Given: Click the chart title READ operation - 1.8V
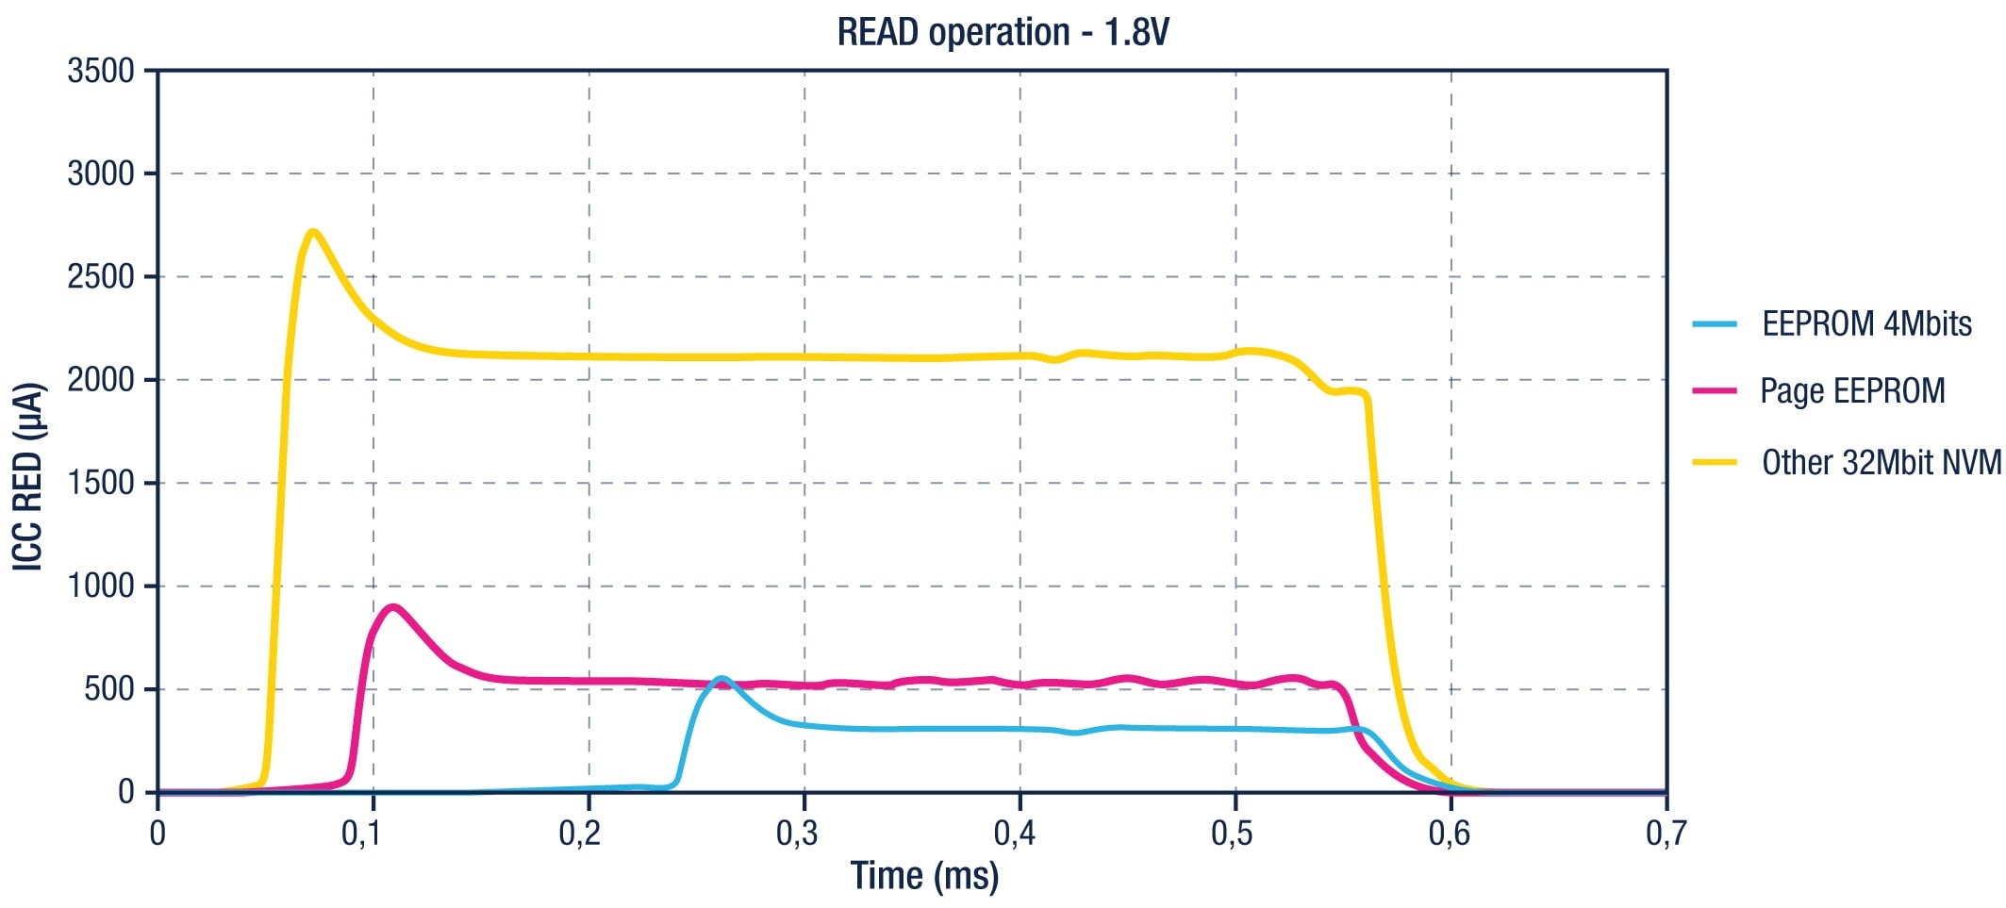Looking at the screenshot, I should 1003,33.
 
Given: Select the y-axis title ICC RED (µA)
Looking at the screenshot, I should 29,475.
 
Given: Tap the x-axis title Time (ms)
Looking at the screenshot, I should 924,876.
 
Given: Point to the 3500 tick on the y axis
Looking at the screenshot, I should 101,71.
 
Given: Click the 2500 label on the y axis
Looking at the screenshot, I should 101,277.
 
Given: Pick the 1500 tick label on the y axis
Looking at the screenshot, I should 101,483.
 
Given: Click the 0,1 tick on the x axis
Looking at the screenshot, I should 373,834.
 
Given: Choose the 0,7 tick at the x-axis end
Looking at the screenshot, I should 1666,834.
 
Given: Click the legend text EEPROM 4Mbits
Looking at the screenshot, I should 1866,324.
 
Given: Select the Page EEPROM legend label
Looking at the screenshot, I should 1852,391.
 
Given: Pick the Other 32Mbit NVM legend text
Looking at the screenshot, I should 1881,463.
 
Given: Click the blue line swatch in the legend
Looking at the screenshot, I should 1715,324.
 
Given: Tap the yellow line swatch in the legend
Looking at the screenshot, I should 1715,463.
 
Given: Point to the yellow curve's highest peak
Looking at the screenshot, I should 313,232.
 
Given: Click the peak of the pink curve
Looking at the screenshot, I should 392,607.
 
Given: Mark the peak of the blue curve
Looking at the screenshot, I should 721,678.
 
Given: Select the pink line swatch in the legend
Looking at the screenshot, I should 1715,391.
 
